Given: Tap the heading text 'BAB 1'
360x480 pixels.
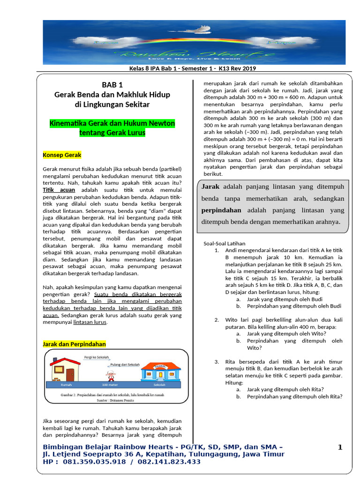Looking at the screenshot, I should tap(112, 85).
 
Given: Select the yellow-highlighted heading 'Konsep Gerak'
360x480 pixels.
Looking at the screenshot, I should tap(62, 155).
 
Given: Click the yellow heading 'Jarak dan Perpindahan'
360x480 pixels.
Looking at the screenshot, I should tap(74, 344).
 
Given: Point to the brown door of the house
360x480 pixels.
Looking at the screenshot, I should tap(70, 374).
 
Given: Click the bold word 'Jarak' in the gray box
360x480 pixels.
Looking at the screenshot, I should tap(210, 187).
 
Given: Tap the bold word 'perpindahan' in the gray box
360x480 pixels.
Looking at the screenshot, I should tap(221, 210).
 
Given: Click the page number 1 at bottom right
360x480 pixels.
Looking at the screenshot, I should tap(340, 448).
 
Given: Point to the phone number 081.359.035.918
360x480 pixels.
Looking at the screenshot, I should tap(91, 462).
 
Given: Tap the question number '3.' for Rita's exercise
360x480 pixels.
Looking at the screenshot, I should tap(217, 362).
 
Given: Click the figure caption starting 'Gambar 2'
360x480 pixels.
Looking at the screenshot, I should tap(112, 395).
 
